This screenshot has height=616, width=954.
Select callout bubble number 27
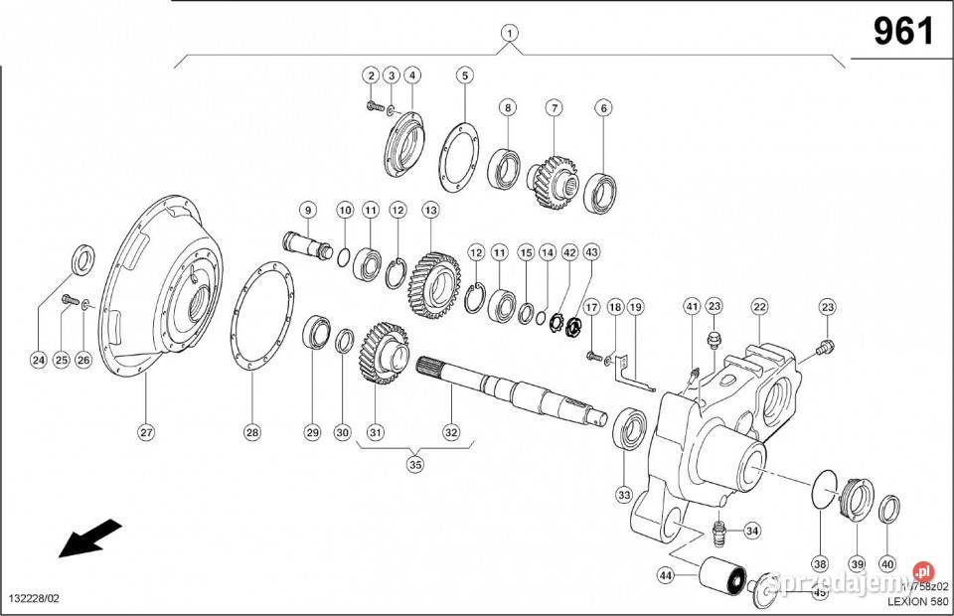[147, 432]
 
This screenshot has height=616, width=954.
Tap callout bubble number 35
[415, 464]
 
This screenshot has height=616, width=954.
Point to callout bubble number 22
[760, 307]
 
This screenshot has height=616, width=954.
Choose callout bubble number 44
[664, 575]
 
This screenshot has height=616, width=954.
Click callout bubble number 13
[430, 211]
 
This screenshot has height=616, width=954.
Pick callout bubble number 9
[308, 211]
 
